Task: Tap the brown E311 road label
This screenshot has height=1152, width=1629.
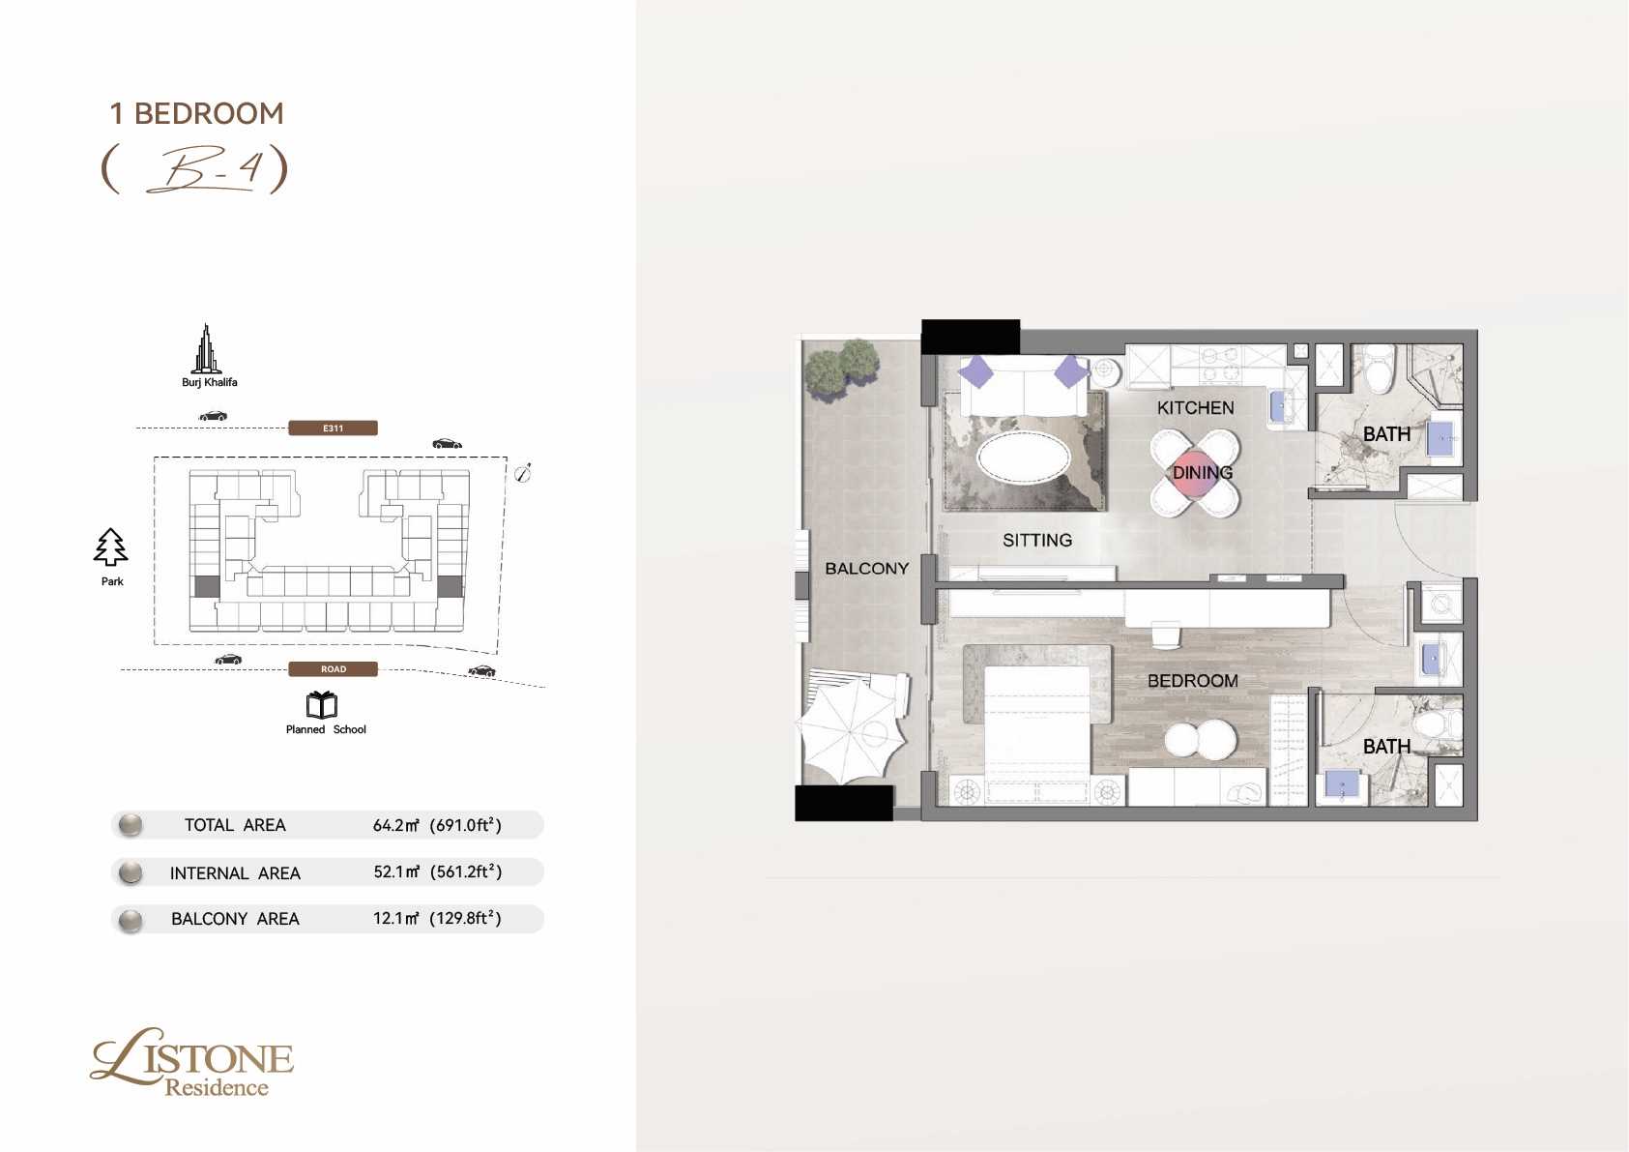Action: click(x=334, y=428)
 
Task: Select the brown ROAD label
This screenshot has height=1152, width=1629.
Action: click(x=334, y=668)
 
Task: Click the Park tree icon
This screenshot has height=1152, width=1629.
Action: click(x=110, y=547)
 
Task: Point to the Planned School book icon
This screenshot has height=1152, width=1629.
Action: click(x=321, y=704)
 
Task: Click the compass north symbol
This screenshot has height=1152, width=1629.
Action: click(x=523, y=473)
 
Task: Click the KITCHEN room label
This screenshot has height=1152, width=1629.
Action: click(x=1196, y=407)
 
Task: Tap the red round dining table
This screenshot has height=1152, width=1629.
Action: click(x=1195, y=474)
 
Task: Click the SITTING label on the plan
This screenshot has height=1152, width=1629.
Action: click(x=1037, y=540)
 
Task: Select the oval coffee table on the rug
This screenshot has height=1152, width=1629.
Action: click(x=1023, y=458)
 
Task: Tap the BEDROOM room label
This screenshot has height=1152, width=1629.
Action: click(x=1193, y=681)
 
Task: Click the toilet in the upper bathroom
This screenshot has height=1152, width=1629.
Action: click(x=1380, y=368)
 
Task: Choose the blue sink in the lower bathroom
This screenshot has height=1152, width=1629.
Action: click(x=1341, y=784)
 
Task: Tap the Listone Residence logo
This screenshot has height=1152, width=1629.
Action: click(x=192, y=1062)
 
